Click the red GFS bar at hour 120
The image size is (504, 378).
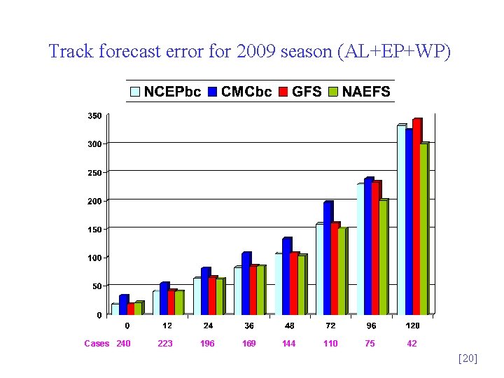pos(416,217)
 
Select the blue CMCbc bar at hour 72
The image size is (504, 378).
pos(328,258)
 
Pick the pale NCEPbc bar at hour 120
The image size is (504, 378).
pos(401,220)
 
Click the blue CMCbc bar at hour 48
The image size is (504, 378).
pos(286,276)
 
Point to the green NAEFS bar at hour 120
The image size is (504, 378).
pos(423,229)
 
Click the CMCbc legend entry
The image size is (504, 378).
pos(239,92)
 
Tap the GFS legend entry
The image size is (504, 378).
pos(300,92)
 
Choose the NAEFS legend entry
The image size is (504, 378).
pos(359,92)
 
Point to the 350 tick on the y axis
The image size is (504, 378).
pos(94,115)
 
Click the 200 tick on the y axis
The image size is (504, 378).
pos(94,201)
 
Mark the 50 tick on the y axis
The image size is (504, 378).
pos(97,286)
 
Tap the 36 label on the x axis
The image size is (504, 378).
pos(249,326)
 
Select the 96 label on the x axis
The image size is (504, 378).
pos(371,326)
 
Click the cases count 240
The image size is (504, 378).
pos(124,344)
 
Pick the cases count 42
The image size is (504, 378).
pos(412,344)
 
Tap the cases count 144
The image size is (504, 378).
pos(289,344)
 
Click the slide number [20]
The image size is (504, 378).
pos(467,358)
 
